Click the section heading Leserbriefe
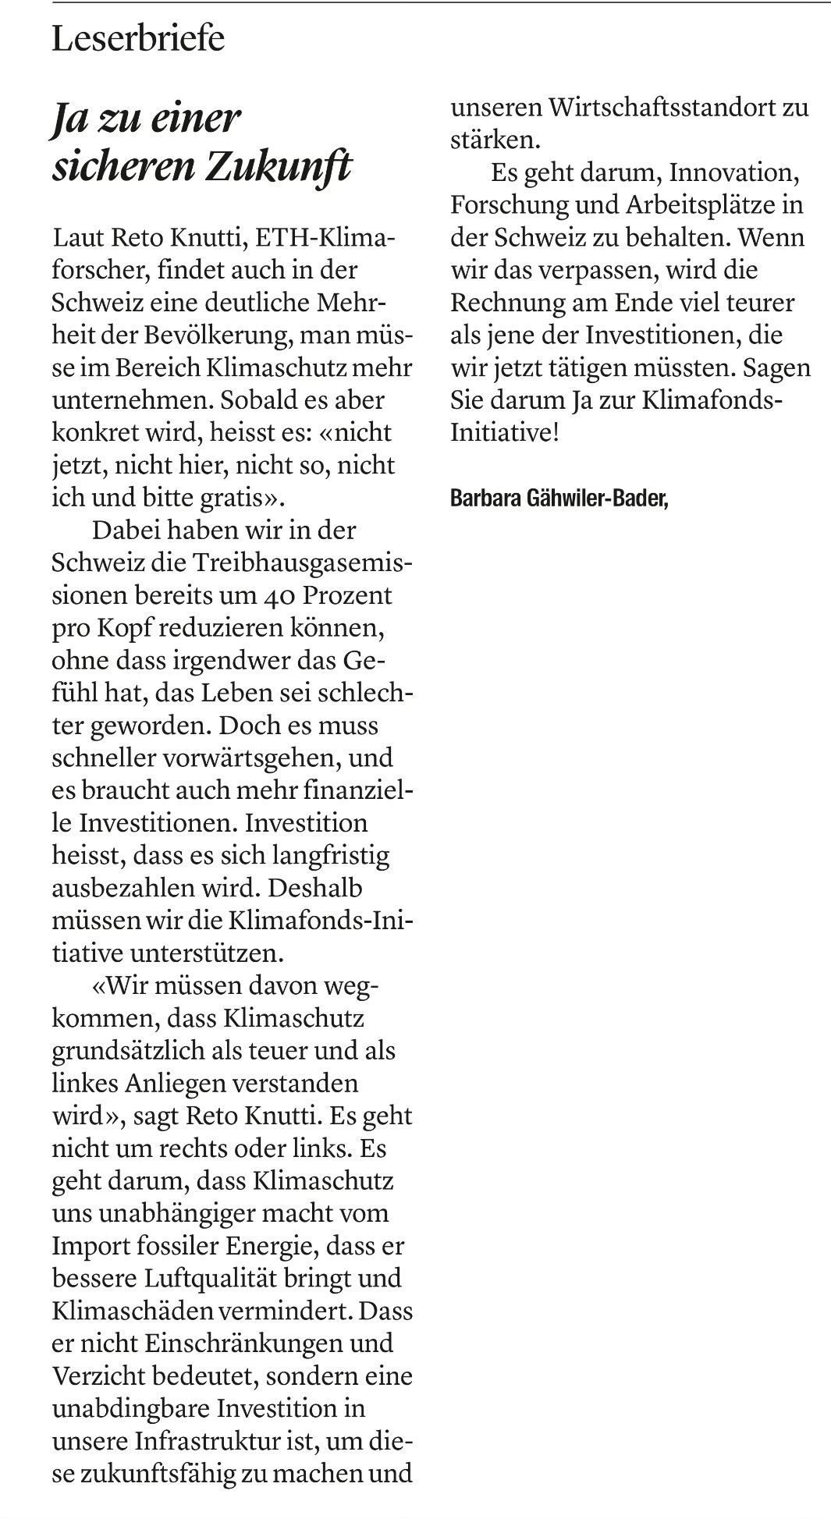coord(138,39)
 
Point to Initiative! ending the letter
coord(505,433)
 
